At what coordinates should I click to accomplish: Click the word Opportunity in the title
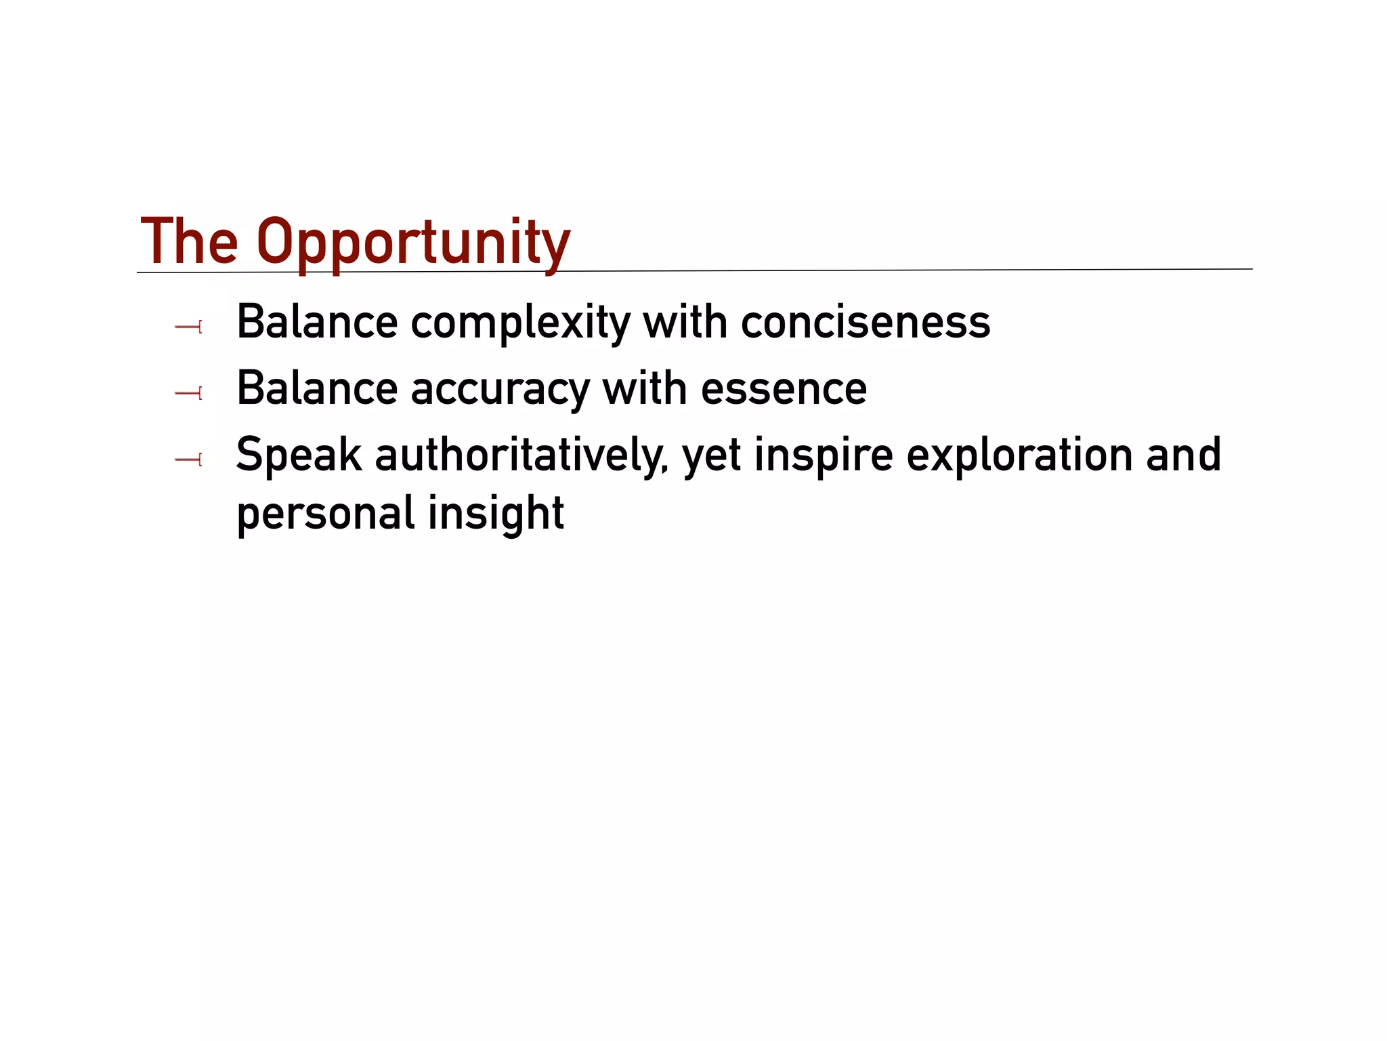(413, 242)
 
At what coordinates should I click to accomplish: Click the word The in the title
(189, 242)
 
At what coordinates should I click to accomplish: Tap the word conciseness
(865, 323)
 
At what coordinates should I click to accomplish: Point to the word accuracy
(500, 389)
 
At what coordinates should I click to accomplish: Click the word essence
(784, 389)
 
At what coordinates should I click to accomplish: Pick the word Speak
(299, 455)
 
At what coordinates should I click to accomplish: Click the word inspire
(823, 455)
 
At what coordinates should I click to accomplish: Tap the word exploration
(1020, 455)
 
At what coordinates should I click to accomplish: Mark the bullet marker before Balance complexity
(188, 327)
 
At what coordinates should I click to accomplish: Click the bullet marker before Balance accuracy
(188, 393)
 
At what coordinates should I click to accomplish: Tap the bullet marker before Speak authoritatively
(188, 460)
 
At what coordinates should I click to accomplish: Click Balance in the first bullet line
(316, 323)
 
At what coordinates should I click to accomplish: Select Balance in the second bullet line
(316, 389)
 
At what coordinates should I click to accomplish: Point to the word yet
(711, 455)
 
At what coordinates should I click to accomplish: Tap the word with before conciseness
(684, 323)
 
